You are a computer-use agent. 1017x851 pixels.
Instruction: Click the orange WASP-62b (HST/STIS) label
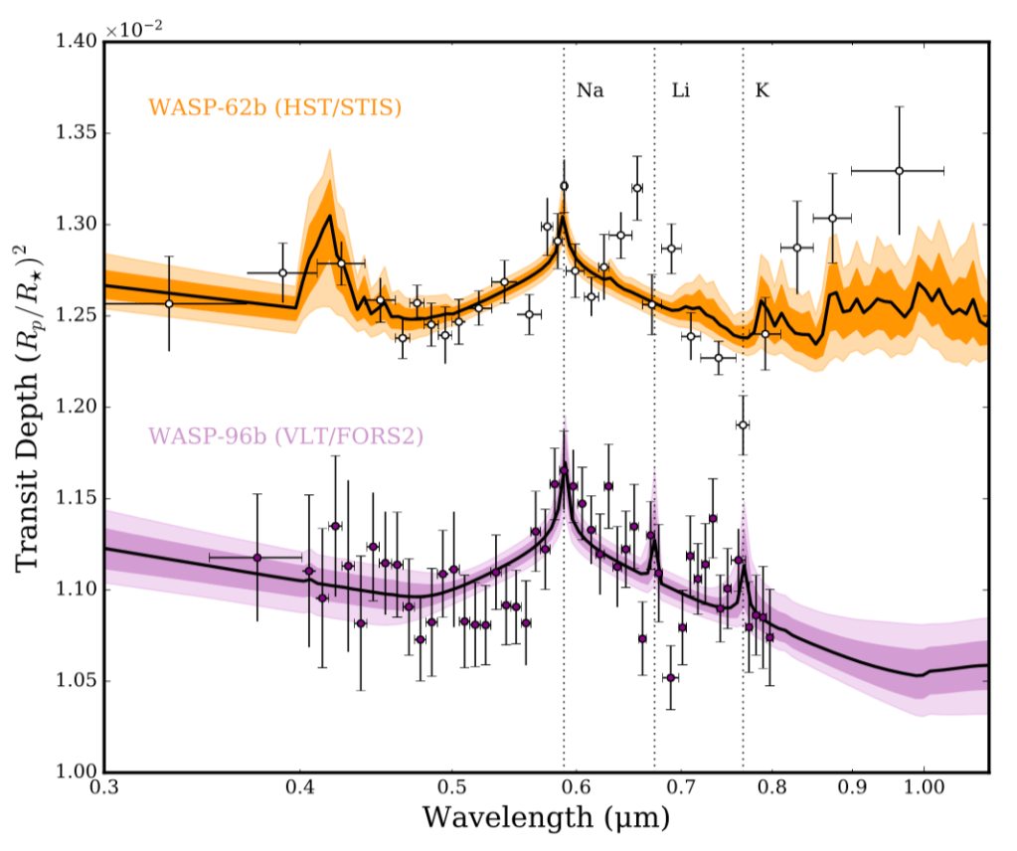coord(274,107)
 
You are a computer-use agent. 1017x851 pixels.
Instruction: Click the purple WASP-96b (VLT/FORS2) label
coord(285,435)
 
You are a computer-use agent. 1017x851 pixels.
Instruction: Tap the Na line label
coord(590,90)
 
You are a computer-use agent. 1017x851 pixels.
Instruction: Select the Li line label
coord(681,90)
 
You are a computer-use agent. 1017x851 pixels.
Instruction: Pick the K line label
coord(763,90)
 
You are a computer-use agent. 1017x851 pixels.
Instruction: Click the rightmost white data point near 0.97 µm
coord(899,171)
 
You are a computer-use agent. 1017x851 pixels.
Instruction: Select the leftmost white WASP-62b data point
coord(169,303)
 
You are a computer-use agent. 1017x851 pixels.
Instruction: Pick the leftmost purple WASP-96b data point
coord(256,558)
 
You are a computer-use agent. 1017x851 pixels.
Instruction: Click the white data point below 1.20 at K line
coord(742,425)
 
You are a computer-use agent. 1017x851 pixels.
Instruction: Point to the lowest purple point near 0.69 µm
coord(671,677)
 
